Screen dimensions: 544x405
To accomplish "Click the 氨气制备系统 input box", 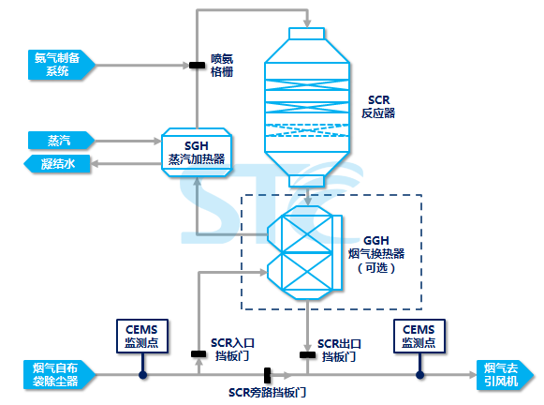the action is [x=62, y=65].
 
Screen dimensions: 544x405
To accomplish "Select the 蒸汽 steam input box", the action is [x=61, y=141].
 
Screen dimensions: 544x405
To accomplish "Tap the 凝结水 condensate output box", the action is [x=57, y=164].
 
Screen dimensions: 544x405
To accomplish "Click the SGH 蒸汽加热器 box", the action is [x=197, y=153].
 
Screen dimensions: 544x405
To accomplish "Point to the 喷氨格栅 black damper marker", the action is [x=197, y=65].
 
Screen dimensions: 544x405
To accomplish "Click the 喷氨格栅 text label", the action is [x=222, y=65].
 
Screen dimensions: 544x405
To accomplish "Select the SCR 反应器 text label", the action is [x=378, y=107].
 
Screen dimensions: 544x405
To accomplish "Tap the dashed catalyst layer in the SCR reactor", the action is [x=307, y=130].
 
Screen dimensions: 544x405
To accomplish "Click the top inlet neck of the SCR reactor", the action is [x=307, y=34].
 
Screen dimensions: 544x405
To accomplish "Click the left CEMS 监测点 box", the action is [x=142, y=337].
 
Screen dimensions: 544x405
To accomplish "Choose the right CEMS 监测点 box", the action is [x=419, y=337].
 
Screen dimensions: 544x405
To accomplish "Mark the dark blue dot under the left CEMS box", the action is [x=143, y=375].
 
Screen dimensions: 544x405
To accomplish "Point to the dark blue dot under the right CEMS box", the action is [x=419, y=375].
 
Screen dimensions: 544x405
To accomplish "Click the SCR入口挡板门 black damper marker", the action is [x=198, y=354].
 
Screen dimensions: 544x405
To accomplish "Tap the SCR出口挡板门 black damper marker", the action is [x=307, y=354].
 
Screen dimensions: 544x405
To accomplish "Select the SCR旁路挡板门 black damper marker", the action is [x=267, y=375].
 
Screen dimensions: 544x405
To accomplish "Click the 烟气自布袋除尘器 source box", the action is [x=59, y=375].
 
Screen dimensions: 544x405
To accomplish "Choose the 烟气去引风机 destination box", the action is [x=505, y=375].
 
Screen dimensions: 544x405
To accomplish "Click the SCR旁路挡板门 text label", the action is [x=267, y=393].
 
